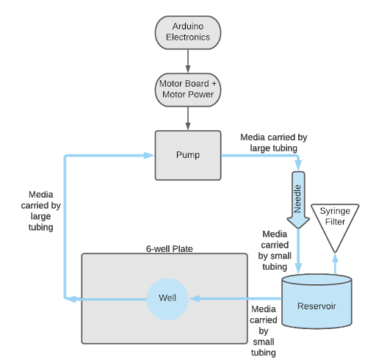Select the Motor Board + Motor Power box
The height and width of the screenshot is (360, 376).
point(187,90)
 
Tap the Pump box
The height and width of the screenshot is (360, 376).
point(187,155)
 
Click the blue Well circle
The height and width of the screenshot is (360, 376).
point(167,298)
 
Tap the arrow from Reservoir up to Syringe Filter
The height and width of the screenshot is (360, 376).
point(335,264)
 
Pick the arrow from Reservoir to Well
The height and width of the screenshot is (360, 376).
point(235,298)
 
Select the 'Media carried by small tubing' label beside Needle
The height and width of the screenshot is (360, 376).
point(275,251)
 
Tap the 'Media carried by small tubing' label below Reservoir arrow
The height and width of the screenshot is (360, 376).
point(263,331)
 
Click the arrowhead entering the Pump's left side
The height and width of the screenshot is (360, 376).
point(149,155)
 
